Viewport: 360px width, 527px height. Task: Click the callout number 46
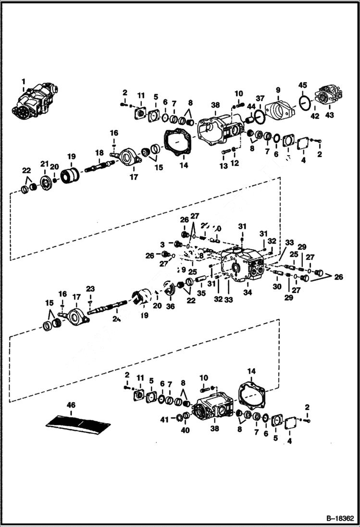[71, 405]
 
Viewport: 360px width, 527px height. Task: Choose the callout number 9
[278, 90]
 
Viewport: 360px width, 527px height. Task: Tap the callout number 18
[99, 153]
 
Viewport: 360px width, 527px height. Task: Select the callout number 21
[44, 165]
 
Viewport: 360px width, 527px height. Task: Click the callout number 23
[90, 289]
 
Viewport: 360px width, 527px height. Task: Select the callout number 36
[170, 306]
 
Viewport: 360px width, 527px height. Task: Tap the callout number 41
[164, 419]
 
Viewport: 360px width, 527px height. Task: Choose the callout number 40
[185, 430]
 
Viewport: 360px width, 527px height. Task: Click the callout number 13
[223, 166]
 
